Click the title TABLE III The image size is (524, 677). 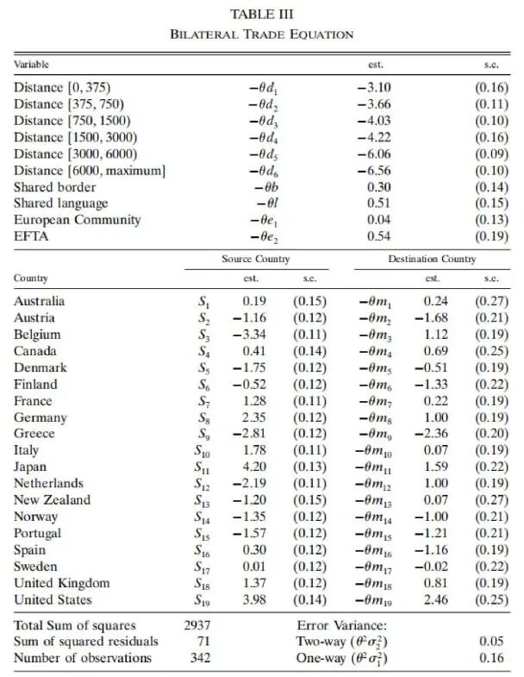(x=262, y=15)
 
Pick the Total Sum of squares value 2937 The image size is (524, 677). (x=197, y=625)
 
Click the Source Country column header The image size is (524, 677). (x=255, y=259)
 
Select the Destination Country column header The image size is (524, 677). (x=431, y=259)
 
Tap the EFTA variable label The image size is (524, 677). (x=32, y=235)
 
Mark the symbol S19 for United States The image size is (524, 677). (x=203, y=600)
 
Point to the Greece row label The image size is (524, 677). (x=34, y=434)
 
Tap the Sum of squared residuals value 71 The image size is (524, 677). (x=203, y=642)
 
